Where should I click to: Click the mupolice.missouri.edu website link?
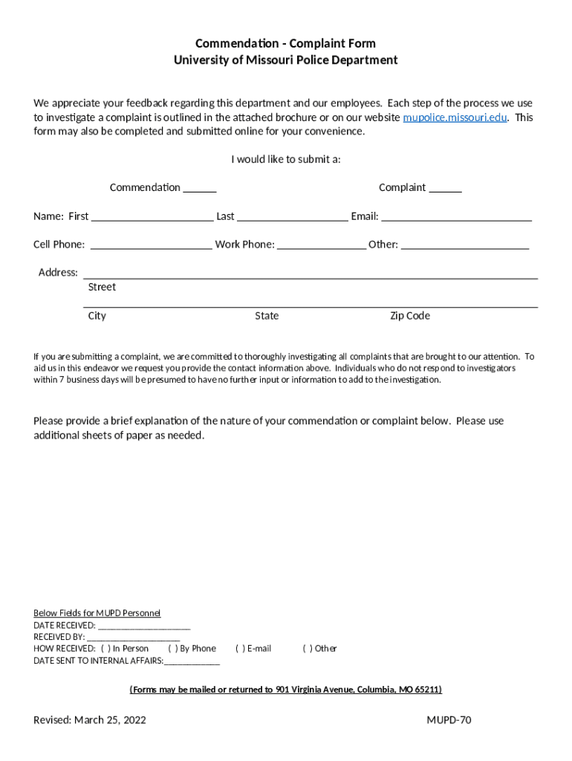[x=455, y=117]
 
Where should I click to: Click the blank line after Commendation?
[x=200, y=189]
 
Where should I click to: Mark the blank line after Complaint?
[x=445, y=189]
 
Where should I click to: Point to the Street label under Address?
[x=102, y=287]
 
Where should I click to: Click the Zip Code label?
[x=410, y=316]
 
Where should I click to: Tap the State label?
[x=267, y=316]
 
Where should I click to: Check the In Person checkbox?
[x=105, y=649]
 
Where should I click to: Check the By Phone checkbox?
[x=172, y=649]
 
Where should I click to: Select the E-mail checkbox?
[x=240, y=649]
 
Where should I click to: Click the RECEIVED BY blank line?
[x=133, y=638]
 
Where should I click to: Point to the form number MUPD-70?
[x=449, y=720]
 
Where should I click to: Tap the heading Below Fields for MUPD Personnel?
[x=97, y=613]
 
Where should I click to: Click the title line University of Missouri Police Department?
[x=286, y=60]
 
